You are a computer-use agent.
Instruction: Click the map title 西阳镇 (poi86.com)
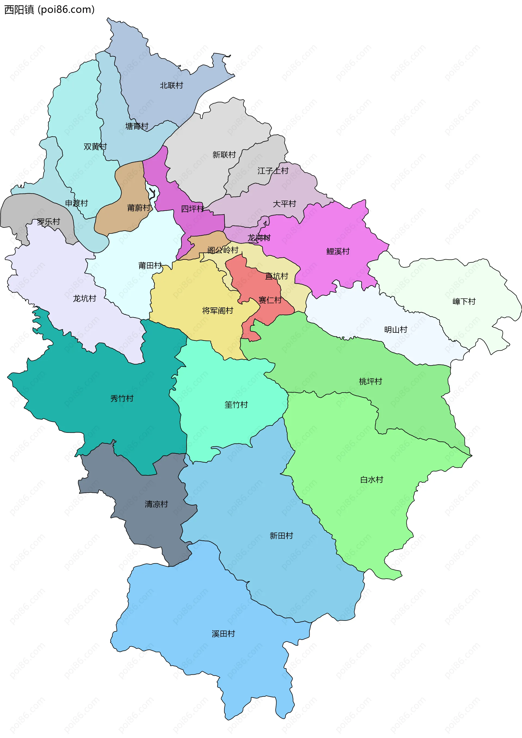click(49, 10)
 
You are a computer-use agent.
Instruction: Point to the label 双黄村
click(95, 147)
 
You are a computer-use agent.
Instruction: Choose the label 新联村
click(224, 155)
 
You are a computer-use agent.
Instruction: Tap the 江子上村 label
click(273, 171)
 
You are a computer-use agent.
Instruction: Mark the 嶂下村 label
click(464, 301)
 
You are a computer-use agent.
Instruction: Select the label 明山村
click(395, 330)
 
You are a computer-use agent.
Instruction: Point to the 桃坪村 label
click(370, 382)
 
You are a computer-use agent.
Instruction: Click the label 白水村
click(372, 480)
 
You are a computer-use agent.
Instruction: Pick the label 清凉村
click(156, 504)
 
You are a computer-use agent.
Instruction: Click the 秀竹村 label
click(122, 398)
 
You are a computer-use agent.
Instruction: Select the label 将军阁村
click(217, 311)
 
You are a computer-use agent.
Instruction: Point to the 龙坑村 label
click(84, 299)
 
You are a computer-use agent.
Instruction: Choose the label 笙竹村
click(236, 405)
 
